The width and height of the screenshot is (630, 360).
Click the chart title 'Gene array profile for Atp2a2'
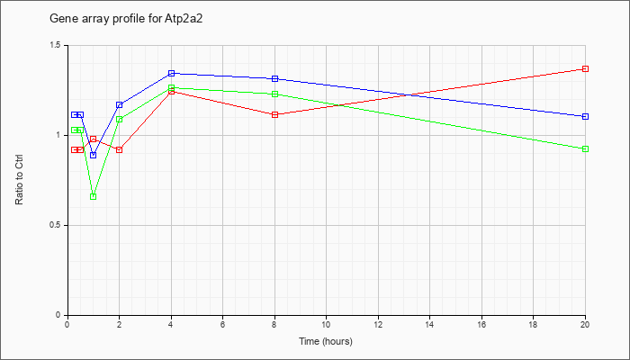point(126,19)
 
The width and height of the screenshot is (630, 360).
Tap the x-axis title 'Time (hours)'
point(326,341)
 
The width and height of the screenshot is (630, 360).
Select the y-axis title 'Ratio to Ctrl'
point(19,179)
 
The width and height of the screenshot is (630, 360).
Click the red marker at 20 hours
point(585,68)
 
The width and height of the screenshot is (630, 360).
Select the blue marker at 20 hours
point(585,116)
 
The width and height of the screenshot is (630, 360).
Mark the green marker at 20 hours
point(585,149)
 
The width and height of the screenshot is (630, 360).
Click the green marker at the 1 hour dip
point(94,196)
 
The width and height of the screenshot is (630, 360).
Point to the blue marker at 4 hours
point(172,73)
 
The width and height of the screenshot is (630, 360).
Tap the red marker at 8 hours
point(274,114)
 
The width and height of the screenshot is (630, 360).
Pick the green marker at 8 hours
point(274,94)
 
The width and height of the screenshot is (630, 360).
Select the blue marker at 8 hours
point(274,79)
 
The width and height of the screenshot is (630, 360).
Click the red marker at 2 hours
point(120,150)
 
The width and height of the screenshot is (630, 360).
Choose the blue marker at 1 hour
point(94,155)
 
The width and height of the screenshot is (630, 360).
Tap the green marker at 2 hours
point(120,120)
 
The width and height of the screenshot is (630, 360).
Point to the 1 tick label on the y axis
point(59,135)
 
